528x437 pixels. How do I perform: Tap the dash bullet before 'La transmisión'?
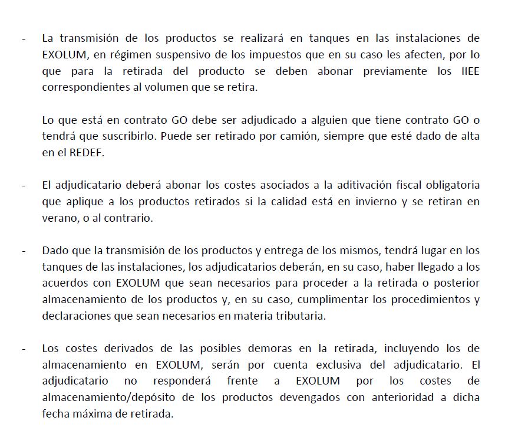24,39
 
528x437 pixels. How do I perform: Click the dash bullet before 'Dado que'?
24,250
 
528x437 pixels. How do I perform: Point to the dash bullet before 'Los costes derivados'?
24,348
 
